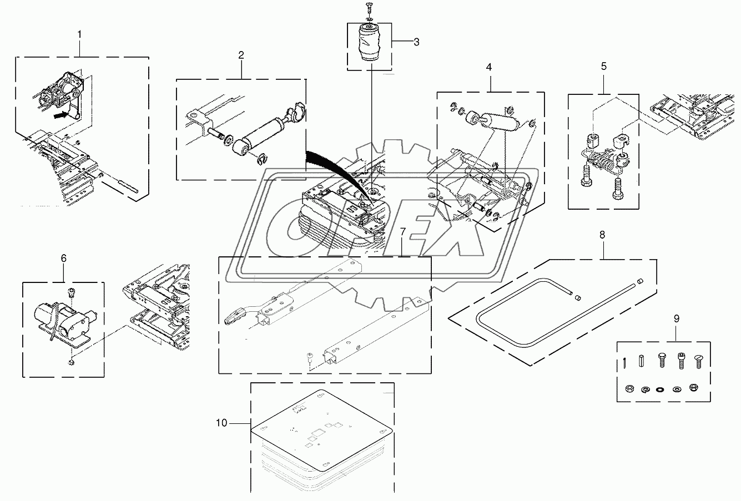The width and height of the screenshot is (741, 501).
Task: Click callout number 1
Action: [79, 34]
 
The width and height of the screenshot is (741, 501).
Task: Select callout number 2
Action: [241, 55]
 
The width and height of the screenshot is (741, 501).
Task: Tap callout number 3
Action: [416, 42]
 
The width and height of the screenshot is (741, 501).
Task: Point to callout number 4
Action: [488, 67]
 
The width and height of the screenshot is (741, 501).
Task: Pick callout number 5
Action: [604, 67]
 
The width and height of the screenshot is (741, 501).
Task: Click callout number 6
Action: [63, 259]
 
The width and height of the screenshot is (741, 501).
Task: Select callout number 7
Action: [402, 232]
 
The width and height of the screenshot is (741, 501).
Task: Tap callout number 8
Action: [602, 235]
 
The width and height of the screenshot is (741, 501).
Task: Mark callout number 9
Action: [677, 319]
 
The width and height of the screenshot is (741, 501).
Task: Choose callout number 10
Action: [221, 423]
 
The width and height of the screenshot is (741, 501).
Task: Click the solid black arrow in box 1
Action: [60, 115]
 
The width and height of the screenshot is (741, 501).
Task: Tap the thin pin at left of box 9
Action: [623, 362]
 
